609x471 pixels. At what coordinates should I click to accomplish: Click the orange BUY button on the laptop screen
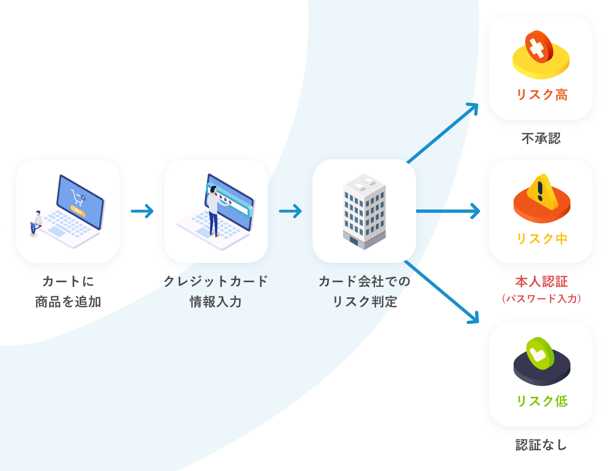tap(78, 210)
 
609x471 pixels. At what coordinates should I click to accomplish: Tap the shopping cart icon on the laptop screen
tap(77, 197)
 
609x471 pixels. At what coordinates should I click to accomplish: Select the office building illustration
tap(364, 211)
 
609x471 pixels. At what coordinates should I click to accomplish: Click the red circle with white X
tap(538, 47)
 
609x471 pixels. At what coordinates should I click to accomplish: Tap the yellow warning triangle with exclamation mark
tap(542, 192)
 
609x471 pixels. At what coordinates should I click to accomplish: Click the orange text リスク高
tap(541, 95)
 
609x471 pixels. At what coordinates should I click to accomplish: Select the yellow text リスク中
tap(541, 239)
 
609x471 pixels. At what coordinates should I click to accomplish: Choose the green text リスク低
tap(541, 401)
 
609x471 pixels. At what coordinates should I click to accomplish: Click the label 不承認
tap(541, 139)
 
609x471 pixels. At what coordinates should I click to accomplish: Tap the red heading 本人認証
tap(541, 282)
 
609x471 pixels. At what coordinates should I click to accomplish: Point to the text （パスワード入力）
tap(541, 298)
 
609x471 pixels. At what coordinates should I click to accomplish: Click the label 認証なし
tap(541, 445)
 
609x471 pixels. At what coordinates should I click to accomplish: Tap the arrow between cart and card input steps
tap(142, 211)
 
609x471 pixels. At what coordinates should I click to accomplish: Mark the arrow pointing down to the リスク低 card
tap(442, 292)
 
